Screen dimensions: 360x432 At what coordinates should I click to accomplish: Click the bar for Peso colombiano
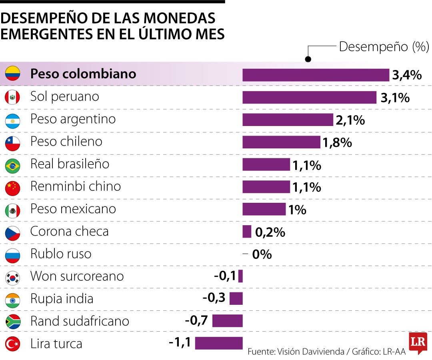pos(316,75)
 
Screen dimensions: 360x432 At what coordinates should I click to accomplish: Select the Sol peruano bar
pos(309,97)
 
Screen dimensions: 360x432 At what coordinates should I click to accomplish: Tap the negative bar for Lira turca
pos(219,343)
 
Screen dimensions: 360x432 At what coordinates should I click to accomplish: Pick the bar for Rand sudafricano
pos(227,321)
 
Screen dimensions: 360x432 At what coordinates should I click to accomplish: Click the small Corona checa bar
pos(247,232)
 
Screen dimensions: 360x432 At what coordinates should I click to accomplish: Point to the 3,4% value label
pos(407,75)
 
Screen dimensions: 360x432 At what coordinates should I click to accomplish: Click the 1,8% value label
pos(337,142)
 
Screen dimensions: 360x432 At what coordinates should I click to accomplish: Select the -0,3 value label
pos(214,298)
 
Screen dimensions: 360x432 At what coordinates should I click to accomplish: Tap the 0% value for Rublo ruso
pos(262,254)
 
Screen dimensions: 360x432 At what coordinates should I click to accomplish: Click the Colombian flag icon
pos(12,74)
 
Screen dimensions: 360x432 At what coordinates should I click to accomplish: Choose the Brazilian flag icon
pos(12,166)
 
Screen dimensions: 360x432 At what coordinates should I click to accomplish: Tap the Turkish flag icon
pos(12,344)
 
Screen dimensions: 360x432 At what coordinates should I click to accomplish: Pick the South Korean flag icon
pos(12,277)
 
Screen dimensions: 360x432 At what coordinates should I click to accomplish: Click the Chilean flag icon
pos(12,143)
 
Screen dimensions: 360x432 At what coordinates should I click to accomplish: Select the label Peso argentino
pos(73,119)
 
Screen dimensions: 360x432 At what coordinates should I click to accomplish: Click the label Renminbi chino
pos(75,186)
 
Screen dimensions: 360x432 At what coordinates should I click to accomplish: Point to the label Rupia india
pos(62,299)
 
